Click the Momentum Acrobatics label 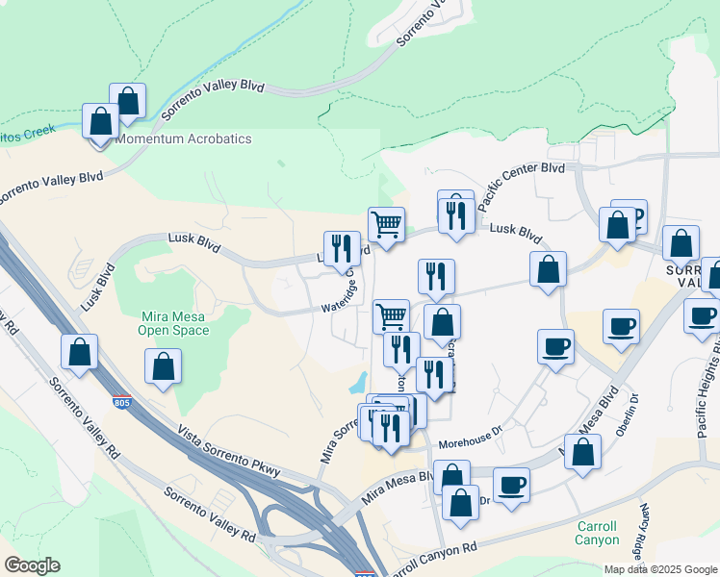pyautogui.click(x=183, y=139)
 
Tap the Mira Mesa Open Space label pyautogui.click(x=174, y=323)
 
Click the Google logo pyautogui.click(x=32, y=565)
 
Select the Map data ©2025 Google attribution pyautogui.click(x=660, y=569)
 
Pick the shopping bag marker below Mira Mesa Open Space pyautogui.click(x=164, y=365)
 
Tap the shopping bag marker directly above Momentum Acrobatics pyautogui.click(x=127, y=100)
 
